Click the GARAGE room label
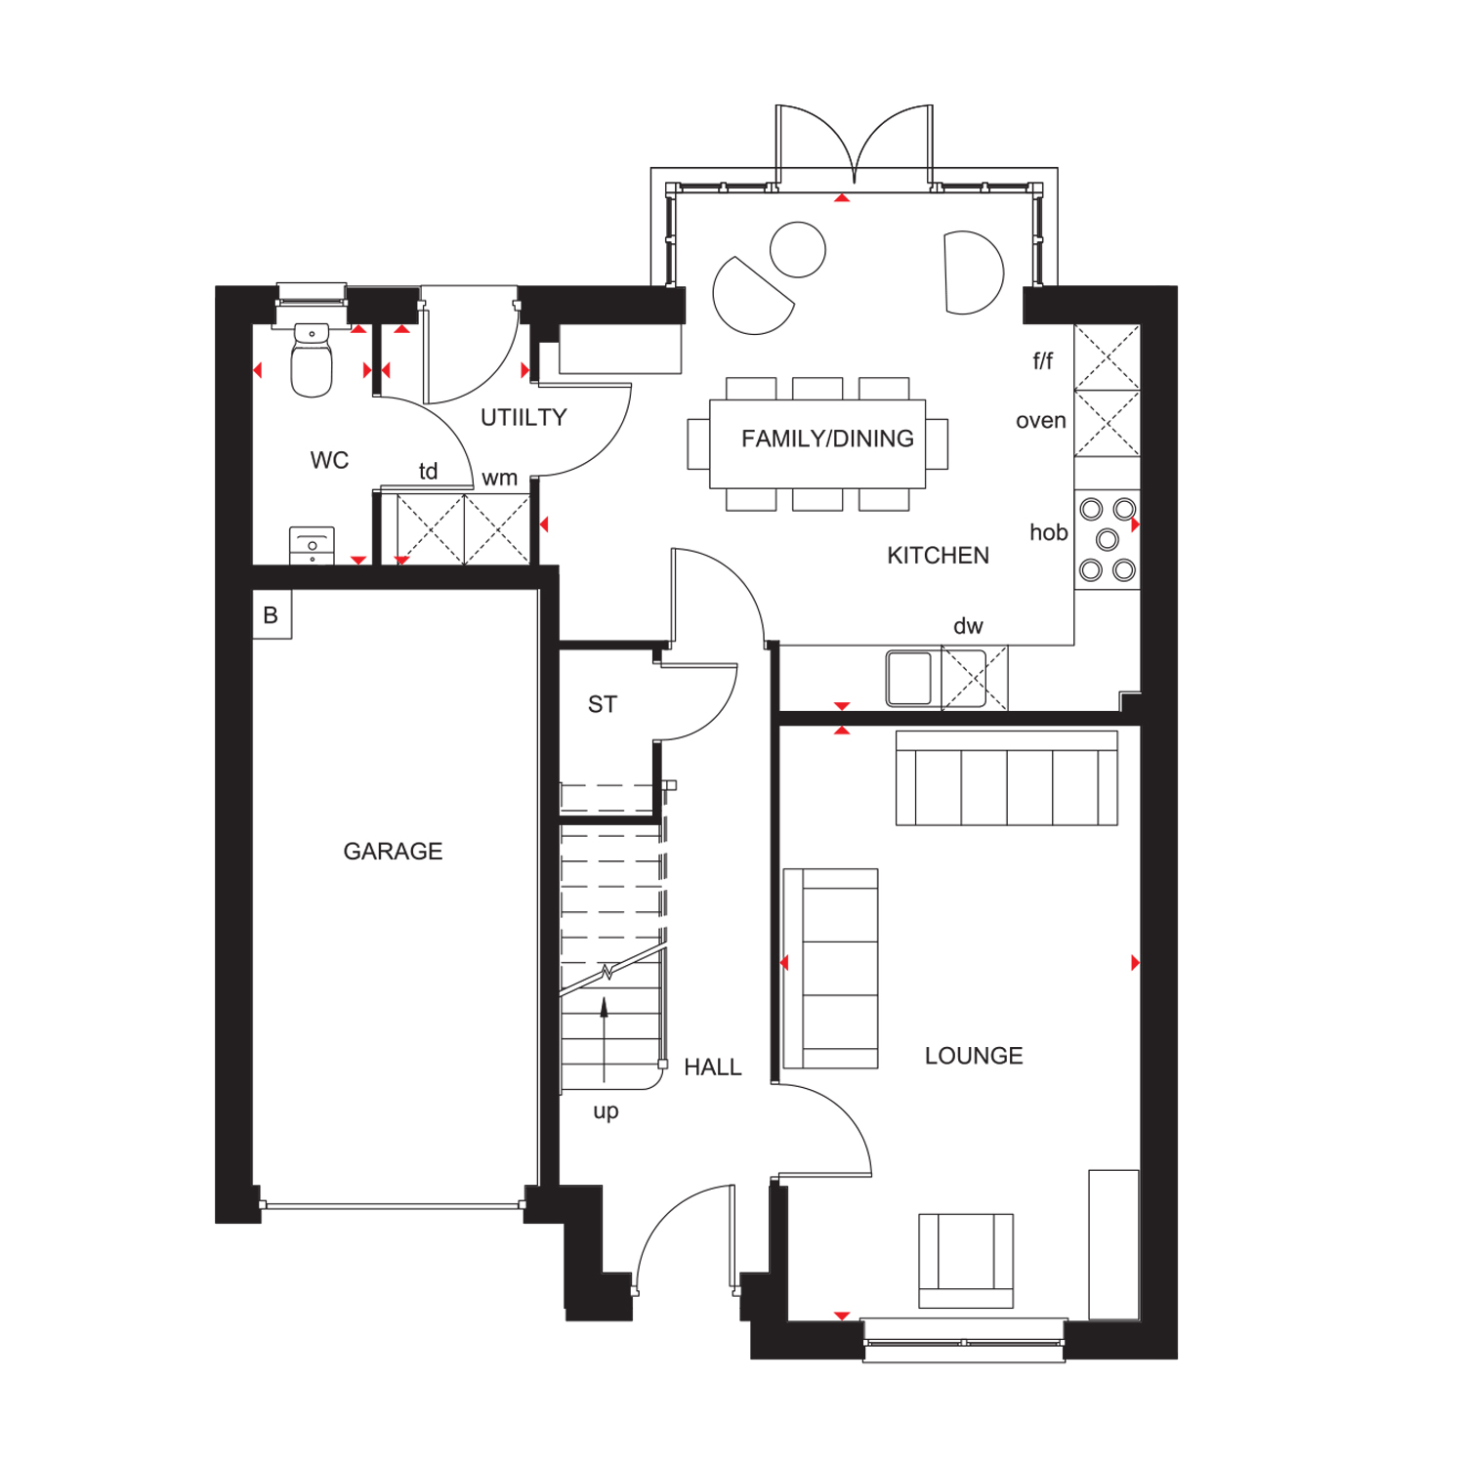pyautogui.click(x=393, y=852)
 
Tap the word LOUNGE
pyautogui.click(x=974, y=1056)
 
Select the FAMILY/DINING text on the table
pyautogui.click(x=827, y=439)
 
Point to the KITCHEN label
pyautogui.click(x=938, y=556)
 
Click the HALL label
pyautogui.click(x=713, y=1067)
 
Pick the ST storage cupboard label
pyautogui.click(x=603, y=704)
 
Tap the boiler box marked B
pyautogui.click(x=272, y=615)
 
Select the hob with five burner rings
pyautogui.click(x=1108, y=539)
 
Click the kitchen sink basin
pyautogui.click(x=909, y=678)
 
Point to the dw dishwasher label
pyautogui.click(x=968, y=626)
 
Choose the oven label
pyautogui.click(x=1041, y=421)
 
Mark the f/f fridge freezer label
pyautogui.click(x=1043, y=361)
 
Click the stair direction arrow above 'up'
pyautogui.click(x=605, y=1039)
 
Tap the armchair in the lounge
pyautogui.click(x=966, y=1261)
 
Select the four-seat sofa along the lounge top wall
pyautogui.click(x=1007, y=778)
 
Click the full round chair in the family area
pyautogui.click(x=798, y=250)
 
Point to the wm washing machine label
pyautogui.click(x=499, y=479)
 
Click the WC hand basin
pyautogui.click(x=313, y=546)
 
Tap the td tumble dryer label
pyautogui.click(x=428, y=472)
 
